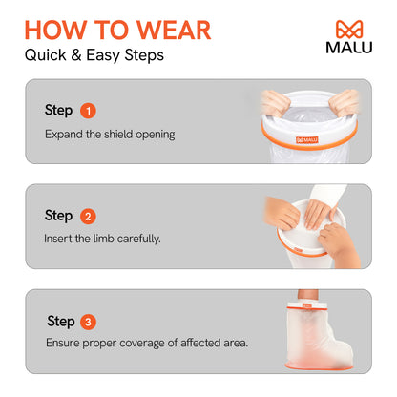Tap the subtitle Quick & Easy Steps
(x=94, y=55)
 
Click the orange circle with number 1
(x=88, y=110)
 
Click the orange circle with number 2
(x=88, y=215)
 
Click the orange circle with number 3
(x=88, y=320)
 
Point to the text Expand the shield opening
(x=110, y=134)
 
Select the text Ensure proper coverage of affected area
(x=146, y=342)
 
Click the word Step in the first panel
(x=59, y=110)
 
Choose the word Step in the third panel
(x=59, y=320)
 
